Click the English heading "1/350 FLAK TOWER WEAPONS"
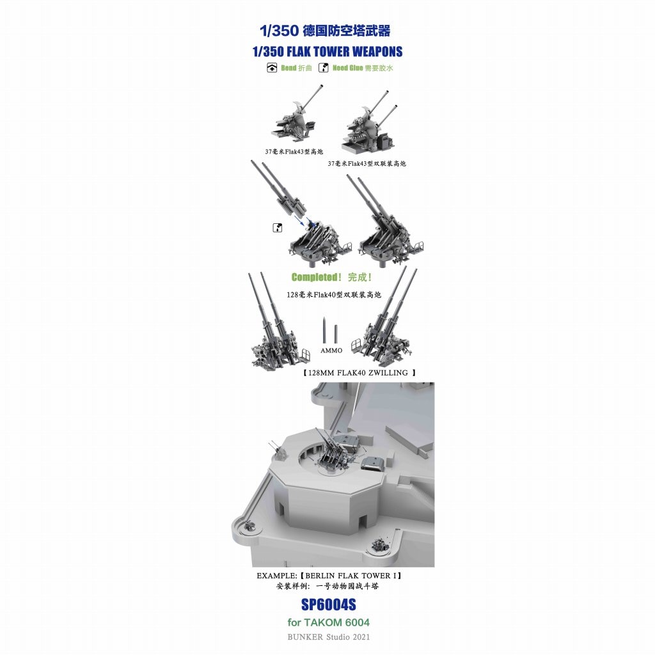pos(327,52)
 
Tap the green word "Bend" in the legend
pos(288,68)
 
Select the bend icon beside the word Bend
pos(271,68)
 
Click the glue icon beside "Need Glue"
pos(323,68)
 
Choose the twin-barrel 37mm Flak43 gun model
pos(368,123)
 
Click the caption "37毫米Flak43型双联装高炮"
pos(367,164)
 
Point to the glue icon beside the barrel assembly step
pos(277,228)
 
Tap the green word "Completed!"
pos(316,278)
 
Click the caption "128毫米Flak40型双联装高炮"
pos(334,295)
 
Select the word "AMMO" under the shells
pos(331,351)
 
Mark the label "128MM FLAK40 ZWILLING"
pos(358,373)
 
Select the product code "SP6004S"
pos(328,604)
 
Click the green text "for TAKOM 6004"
pos(328,622)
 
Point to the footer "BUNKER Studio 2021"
pos(328,637)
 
